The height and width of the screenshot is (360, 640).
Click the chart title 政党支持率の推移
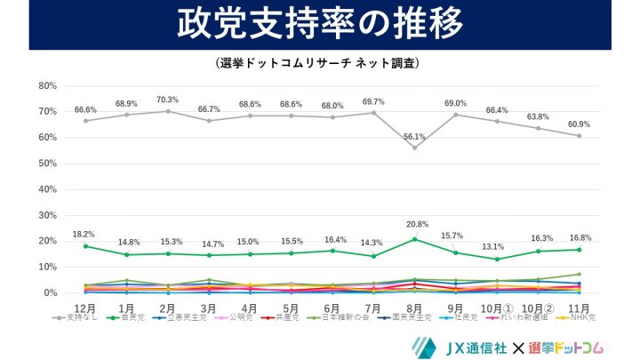[x=320, y=24]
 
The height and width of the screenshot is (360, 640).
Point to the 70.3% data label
[x=168, y=100]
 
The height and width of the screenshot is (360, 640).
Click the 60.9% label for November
[x=580, y=124]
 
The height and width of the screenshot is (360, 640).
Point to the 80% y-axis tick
[x=47, y=86]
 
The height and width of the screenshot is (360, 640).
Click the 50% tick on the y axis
[x=47, y=164]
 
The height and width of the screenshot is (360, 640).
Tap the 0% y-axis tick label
[x=51, y=293]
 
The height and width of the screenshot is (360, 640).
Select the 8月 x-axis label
[x=414, y=307]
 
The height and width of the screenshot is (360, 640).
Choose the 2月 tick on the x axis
[x=168, y=307]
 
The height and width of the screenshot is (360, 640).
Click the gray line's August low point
[x=414, y=148]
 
